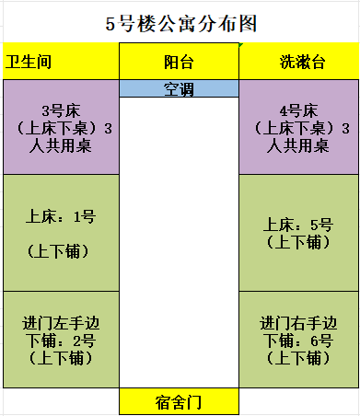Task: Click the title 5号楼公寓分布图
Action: coord(181,24)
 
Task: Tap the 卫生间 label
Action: coord(29,62)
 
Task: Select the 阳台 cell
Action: coord(179,61)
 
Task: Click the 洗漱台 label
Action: coord(302,62)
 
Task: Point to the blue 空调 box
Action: coord(179,88)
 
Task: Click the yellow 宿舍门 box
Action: coord(179,401)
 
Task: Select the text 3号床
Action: coord(61,110)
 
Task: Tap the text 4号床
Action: coord(298,110)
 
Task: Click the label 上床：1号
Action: coord(61,216)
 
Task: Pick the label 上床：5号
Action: coord(298,225)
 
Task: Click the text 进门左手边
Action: coord(61,323)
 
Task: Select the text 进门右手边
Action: coord(298,323)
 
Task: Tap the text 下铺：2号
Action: coord(61,341)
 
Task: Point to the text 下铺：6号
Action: coord(298,341)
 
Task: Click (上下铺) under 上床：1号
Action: coord(58,251)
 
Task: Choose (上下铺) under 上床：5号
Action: coord(298,242)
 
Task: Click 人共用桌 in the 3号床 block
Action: coord(61,145)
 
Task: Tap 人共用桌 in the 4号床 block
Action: coord(298,145)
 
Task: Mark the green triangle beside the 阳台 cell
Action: coord(240,45)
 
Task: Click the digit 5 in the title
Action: coord(110,24)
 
